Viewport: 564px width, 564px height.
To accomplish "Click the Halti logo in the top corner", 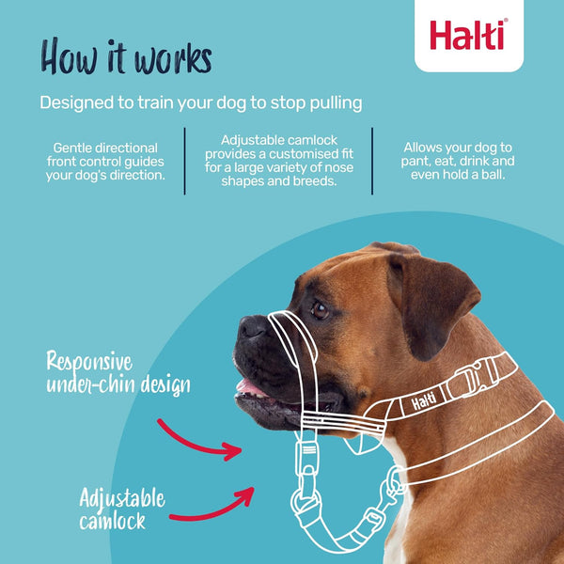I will click(468, 35).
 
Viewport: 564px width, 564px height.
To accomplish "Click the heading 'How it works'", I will click(126, 55).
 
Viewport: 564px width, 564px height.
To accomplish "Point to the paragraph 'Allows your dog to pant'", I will click(458, 161).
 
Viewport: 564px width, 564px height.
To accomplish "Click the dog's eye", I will click(320, 308).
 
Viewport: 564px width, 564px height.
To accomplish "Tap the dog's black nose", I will click(251, 326).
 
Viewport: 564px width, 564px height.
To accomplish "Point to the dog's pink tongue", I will click(250, 386).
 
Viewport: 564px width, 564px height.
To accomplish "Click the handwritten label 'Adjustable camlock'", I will click(123, 509).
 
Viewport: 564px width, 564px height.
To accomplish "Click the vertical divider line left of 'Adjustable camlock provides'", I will click(184, 161).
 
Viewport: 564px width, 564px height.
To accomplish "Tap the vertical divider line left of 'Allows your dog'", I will click(372, 161).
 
